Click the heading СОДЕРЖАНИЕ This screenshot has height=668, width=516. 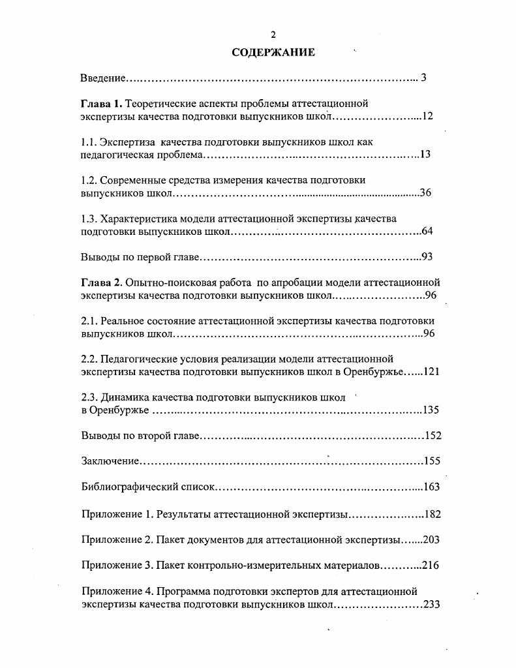click(273, 52)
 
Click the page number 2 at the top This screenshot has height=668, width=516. click(273, 35)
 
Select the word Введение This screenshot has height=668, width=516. click(103, 78)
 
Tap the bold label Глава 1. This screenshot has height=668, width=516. click(101, 104)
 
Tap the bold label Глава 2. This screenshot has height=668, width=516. click(101, 282)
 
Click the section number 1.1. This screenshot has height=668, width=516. click(89, 142)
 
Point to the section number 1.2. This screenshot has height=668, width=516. click(89, 179)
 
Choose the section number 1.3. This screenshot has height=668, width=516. click(89, 219)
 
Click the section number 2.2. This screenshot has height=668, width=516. click(89, 359)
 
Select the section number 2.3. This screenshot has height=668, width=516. click(89, 397)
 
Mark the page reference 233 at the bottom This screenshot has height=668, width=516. click(432, 605)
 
